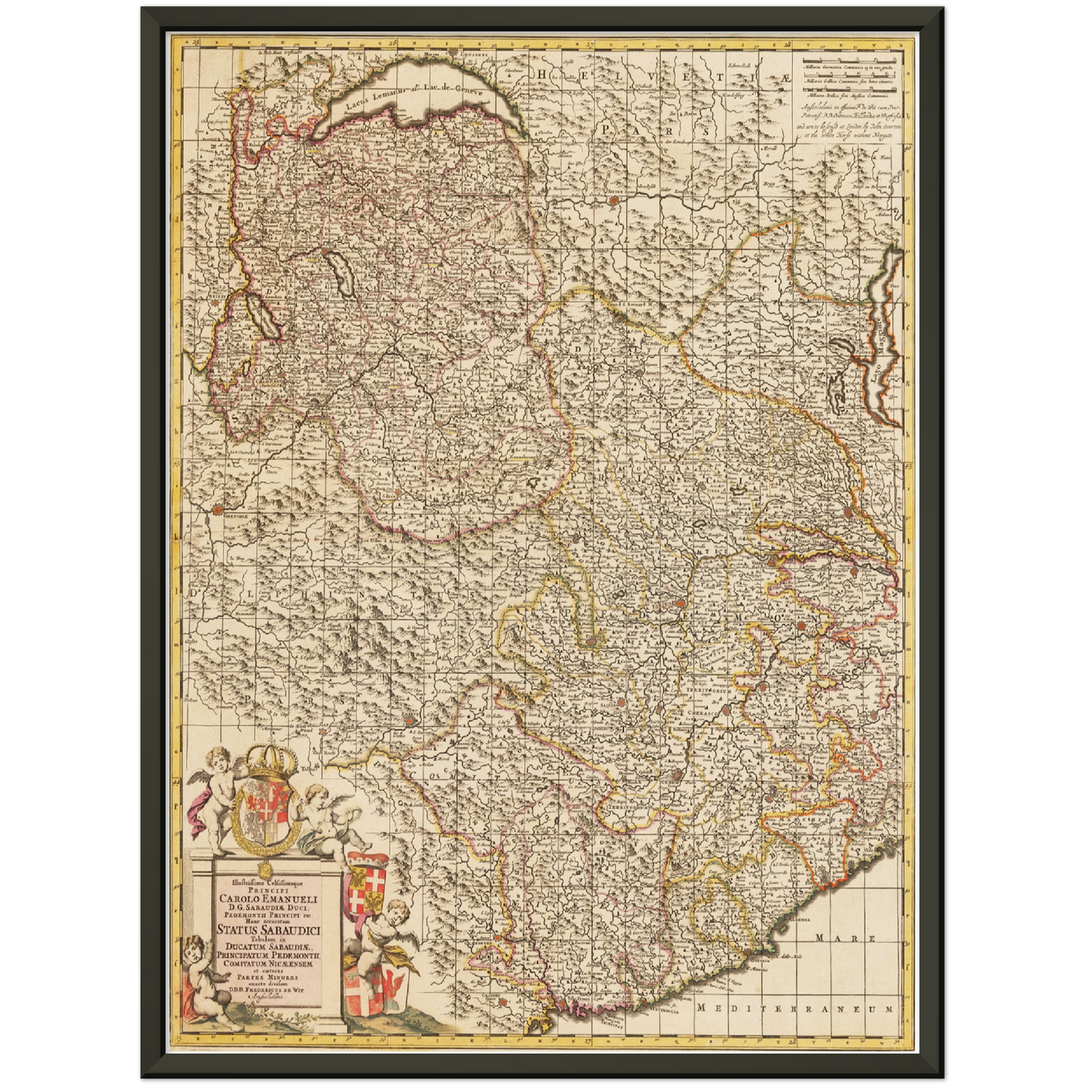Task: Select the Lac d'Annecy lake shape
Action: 338,271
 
